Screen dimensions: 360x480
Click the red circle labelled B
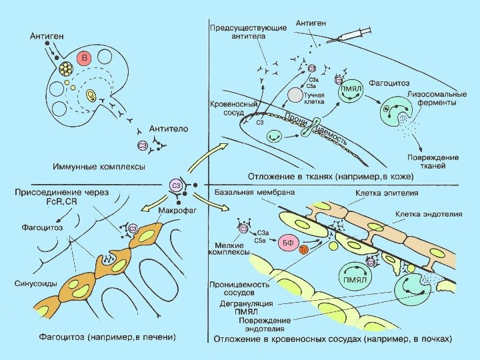84,59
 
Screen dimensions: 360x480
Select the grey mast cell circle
295,95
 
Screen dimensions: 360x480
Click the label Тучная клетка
315,99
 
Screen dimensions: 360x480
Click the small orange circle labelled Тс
303,250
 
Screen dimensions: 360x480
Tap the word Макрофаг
176,212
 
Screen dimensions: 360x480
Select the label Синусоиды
35,283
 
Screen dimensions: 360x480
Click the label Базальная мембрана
254,192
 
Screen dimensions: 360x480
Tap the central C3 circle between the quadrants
176,186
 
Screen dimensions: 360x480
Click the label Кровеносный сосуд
231,109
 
